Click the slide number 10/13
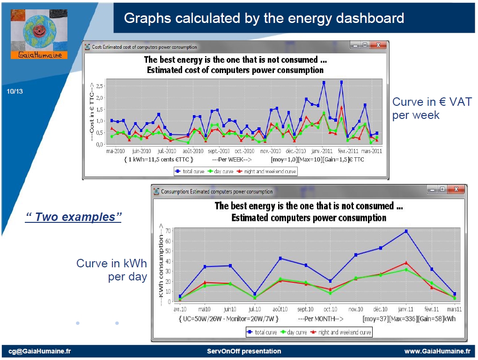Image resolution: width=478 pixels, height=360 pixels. pyautogui.click(x=15, y=91)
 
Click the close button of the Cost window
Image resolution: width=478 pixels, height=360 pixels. pyautogui.click(x=377, y=46)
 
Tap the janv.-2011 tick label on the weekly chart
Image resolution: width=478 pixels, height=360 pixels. pyautogui.click(x=322, y=151)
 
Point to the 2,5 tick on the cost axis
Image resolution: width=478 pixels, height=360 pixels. pyautogui.click(x=99, y=86)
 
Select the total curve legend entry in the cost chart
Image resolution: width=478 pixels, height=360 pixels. pyautogui.click(x=190, y=171)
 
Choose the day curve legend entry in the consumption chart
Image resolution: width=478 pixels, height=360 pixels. pyautogui.click(x=293, y=332)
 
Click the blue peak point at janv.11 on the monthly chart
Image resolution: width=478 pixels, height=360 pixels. pyautogui.click(x=406, y=231)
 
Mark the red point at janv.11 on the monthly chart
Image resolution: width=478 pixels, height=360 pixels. pyautogui.click(x=406, y=263)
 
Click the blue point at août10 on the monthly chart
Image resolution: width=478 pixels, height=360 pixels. pyautogui.click(x=280, y=258)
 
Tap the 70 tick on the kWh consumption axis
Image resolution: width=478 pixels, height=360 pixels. pyautogui.click(x=167, y=231)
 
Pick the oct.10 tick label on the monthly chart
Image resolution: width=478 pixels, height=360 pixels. pyautogui.click(x=331, y=309)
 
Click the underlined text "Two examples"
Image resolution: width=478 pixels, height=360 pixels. pyautogui.click(x=73, y=217)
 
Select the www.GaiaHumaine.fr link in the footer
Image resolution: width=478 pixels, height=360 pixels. pyautogui.click(x=437, y=351)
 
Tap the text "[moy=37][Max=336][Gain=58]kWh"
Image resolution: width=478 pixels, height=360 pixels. pyautogui.click(x=409, y=319)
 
